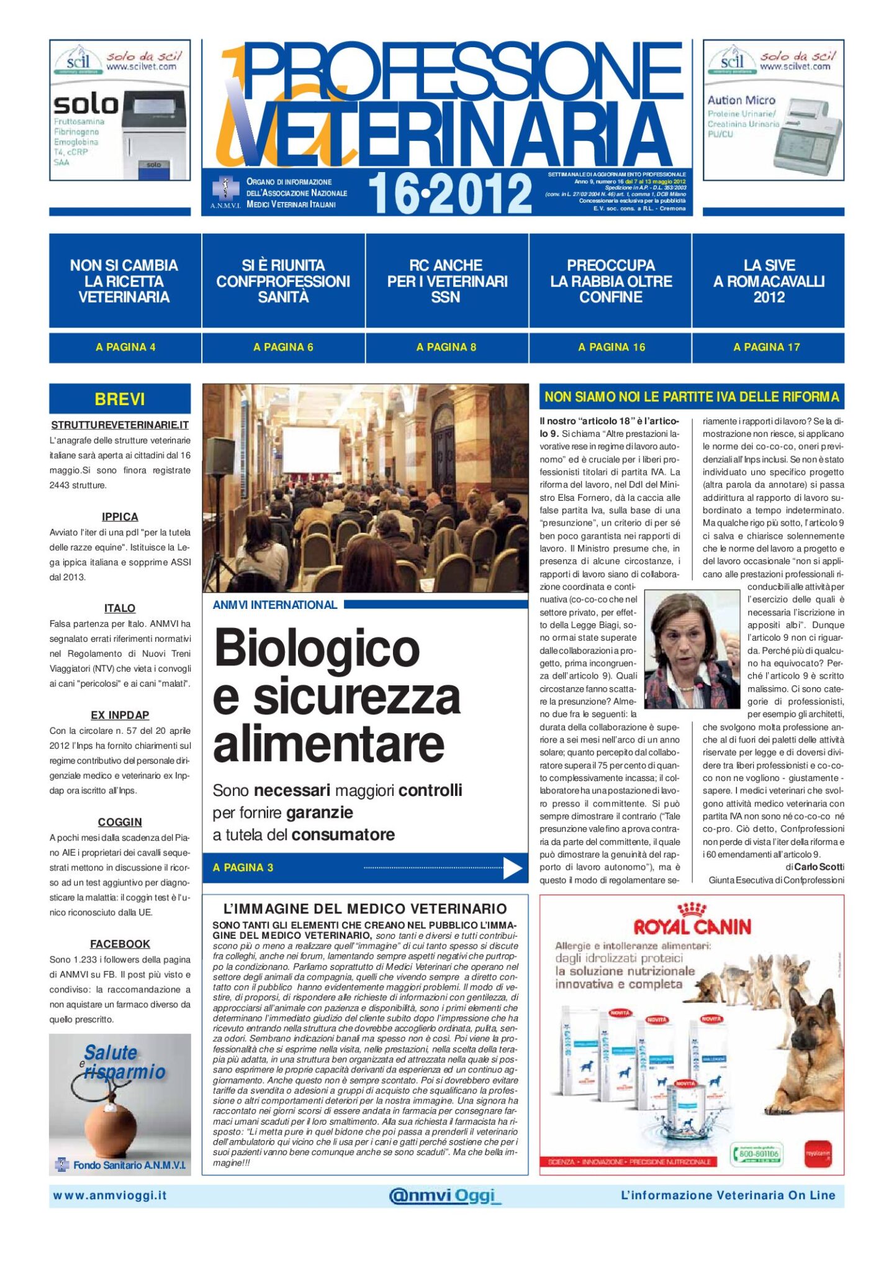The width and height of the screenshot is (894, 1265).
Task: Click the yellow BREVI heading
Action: click(x=120, y=399)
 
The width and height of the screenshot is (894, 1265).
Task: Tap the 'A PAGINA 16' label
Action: click(x=611, y=347)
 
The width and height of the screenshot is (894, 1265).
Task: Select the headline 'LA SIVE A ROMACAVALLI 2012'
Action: click(x=769, y=281)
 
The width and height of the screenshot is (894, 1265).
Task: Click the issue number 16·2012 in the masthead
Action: click(x=450, y=193)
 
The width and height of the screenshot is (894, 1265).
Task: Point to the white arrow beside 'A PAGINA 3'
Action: click(x=512, y=868)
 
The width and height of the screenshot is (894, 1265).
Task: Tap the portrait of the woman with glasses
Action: click(x=692, y=649)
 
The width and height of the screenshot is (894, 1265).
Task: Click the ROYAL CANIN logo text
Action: click(x=692, y=927)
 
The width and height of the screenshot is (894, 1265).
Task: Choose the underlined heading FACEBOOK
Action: click(x=120, y=944)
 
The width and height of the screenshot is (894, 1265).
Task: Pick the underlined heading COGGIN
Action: click(x=120, y=822)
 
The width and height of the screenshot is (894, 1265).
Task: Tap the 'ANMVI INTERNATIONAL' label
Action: click(x=274, y=605)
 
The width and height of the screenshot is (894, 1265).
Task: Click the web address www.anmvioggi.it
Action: click(x=109, y=1195)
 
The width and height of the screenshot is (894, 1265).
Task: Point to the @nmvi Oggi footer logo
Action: click(x=443, y=1195)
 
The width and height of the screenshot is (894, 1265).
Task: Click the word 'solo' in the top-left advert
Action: click(x=86, y=104)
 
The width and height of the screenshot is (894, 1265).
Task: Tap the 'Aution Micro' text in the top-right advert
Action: click(x=741, y=100)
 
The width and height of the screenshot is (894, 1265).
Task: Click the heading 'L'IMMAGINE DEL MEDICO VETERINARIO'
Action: click(x=365, y=908)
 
